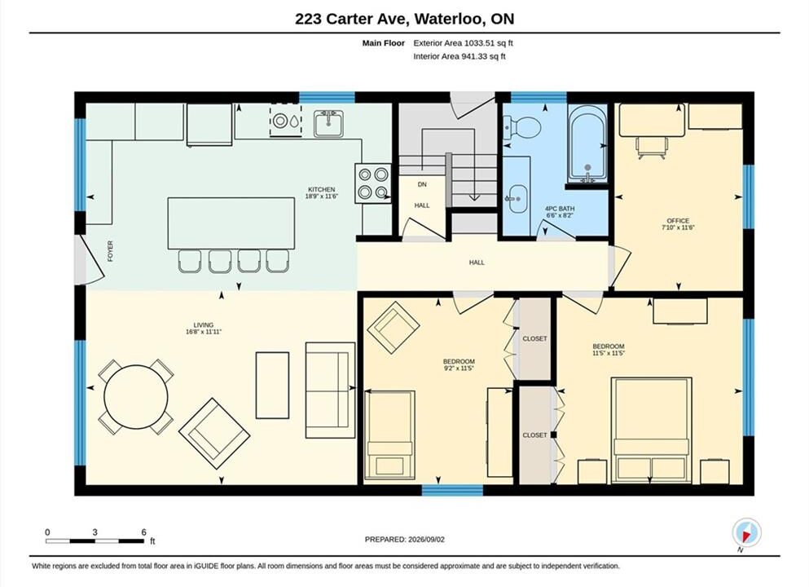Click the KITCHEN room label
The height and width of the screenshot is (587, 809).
coord(322,189)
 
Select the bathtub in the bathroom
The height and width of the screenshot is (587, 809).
coord(587,144)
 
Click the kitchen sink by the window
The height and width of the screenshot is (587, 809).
coord(328,123)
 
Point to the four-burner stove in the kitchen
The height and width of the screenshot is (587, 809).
coord(373,183)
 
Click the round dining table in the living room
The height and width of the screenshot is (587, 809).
coord(136,397)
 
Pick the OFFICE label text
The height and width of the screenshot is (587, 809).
coord(678,220)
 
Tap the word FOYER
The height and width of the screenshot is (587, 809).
coord(111,251)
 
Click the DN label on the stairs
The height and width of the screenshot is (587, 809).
coord(422,184)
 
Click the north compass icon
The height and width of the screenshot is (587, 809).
coord(746,532)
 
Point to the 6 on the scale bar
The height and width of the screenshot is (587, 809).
coord(143,532)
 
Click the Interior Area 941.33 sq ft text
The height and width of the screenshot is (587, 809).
coord(459,56)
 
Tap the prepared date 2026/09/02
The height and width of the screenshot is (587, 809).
coord(426,540)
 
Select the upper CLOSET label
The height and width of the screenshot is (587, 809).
coord(534,338)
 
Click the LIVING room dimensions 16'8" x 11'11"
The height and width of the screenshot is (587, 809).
coord(204,332)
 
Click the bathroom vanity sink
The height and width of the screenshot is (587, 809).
coord(516,199)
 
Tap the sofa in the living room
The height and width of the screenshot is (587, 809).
coord(330,391)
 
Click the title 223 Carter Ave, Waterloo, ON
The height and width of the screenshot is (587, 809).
coord(404,19)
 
